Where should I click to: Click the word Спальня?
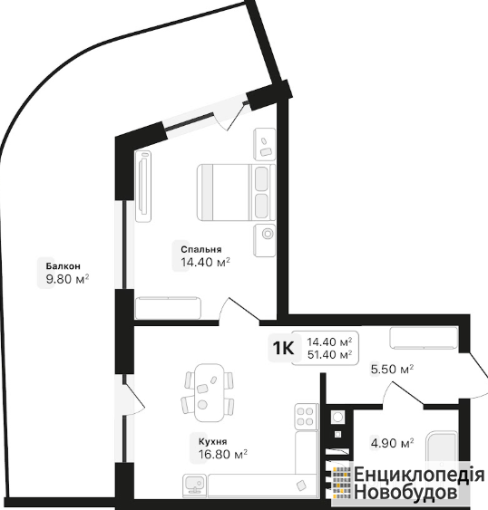(x=201, y=249)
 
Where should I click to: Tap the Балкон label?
(x=63, y=266)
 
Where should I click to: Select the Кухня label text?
(x=213, y=442)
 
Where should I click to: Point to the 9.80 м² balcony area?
(x=67, y=279)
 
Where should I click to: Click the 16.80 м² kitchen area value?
(x=223, y=454)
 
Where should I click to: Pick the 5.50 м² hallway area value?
(x=392, y=370)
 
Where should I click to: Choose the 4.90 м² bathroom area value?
(x=392, y=443)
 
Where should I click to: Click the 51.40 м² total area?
(x=329, y=354)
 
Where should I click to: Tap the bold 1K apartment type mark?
(x=283, y=349)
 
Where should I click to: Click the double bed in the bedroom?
(x=236, y=193)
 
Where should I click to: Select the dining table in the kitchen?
(x=210, y=392)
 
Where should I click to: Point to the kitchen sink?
(x=195, y=484)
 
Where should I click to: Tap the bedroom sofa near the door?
(x=168, y=308)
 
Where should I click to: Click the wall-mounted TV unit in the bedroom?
(x=143, y=187)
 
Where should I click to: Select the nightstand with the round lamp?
(x=265, y=240)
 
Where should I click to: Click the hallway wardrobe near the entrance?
(x=424, y=338)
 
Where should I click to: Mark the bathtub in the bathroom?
(x=443, y=448)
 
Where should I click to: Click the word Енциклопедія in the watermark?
(x=419, y=474)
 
